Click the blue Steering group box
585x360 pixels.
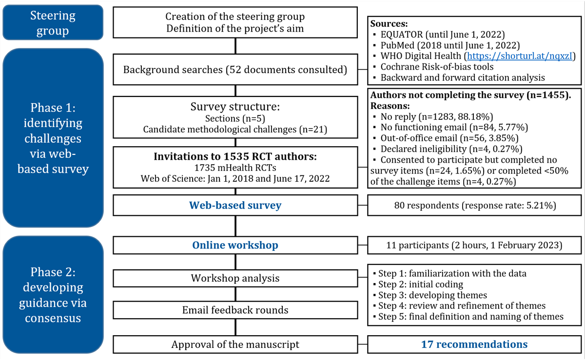[x=53, y=22]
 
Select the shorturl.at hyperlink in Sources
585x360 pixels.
[x=520, y=56]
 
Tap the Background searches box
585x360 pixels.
[x=235, y=70]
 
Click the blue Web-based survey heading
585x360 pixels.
[x=235, y=205]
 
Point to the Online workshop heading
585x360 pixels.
[x=235, y=245]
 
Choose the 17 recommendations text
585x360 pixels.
[x=474, y=344]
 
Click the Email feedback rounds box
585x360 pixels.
[x=235, y=310]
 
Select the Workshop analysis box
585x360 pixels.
[x=235, y=278]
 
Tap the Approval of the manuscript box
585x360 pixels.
[x=235, y=344]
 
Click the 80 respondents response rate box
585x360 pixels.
[x=474, y=205]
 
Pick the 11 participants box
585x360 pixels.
[x=474, y=245]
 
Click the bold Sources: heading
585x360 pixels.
[x=389, y=24]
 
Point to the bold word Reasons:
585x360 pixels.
[x=390, y=106]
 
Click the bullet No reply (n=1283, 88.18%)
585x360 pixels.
[x=433, y=117]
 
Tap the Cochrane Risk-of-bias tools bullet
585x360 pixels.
[x=433, y=67]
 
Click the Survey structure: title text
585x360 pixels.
[x=235, y=107]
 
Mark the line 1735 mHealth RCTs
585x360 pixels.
[x=235, y=168]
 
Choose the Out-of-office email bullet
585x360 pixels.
[x=446, y=138]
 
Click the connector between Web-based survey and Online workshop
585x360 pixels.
[x=235, y=226]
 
